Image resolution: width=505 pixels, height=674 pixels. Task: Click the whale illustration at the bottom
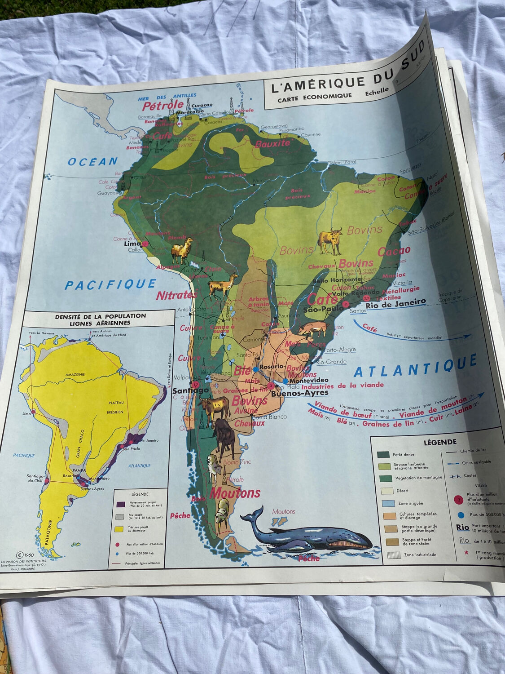point(305,532)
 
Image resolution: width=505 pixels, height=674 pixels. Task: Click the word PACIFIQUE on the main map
point(110,284)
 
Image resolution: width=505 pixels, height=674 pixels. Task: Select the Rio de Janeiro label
point(395,303)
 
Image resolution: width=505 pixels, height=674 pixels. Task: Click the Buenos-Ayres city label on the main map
point(299,393)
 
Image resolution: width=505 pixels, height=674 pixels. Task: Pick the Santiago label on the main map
point(190,390)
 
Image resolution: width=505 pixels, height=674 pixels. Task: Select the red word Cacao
point(394,251)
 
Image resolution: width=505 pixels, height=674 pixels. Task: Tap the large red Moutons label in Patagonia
point(234,493)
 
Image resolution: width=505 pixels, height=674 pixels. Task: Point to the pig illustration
point(313,329)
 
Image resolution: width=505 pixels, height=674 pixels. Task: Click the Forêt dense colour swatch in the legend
point(383,455)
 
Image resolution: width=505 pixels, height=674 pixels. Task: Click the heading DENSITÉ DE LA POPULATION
point(100,316)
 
